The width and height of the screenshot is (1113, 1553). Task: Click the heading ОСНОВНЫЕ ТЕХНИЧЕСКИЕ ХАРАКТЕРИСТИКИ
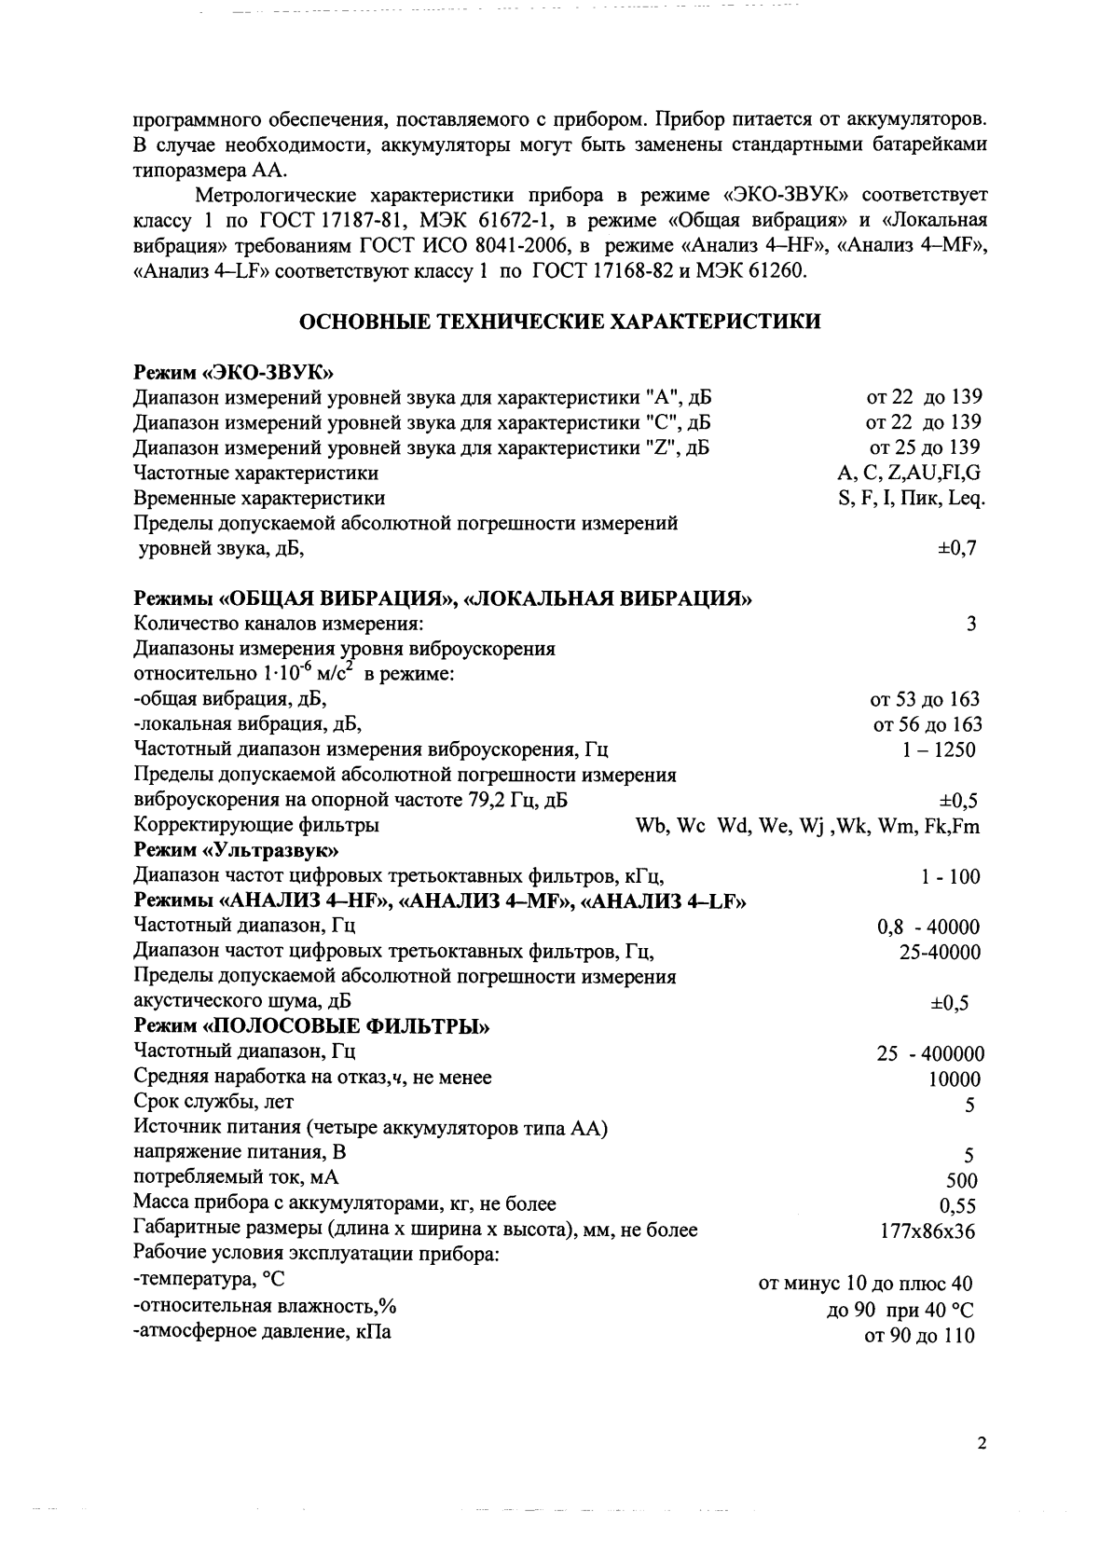pos(559,323)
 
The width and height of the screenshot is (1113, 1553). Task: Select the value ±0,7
pos(956,548)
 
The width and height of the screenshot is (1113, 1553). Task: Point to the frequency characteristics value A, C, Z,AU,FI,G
pos(909,473)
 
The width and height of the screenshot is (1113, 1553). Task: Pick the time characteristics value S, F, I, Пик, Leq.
pos(912,498)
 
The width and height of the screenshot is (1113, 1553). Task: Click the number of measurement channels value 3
pos(971,625)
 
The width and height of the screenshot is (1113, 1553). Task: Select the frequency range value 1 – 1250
pos(939,750)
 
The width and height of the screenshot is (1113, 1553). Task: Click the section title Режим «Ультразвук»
pos(236,851)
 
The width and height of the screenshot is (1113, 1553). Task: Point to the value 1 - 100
pos(950,877)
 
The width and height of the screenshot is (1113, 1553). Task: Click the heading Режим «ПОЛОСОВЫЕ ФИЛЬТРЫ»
pos(312,1027)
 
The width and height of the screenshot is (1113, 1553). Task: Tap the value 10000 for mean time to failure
pos(955,1080)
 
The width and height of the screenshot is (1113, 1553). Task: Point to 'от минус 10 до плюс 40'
pos(866,1285)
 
